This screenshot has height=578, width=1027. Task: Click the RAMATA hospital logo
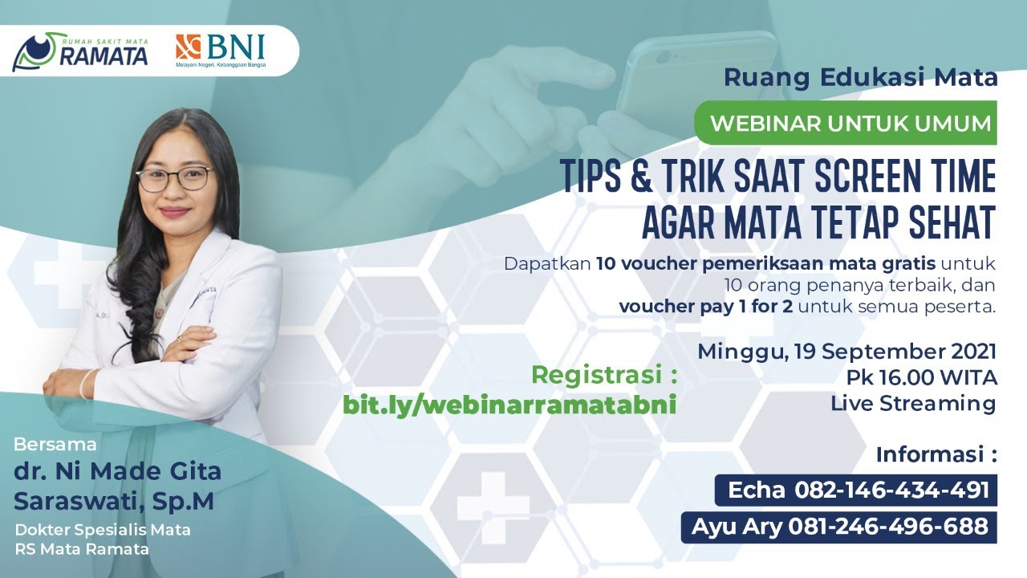81,51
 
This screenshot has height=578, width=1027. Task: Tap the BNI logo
221,51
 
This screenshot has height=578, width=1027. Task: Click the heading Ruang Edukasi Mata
860,78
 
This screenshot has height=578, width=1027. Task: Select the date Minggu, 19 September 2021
846,352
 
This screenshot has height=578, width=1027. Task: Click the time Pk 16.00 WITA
920,377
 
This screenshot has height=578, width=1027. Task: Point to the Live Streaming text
913,403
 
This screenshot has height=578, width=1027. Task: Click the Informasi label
936,454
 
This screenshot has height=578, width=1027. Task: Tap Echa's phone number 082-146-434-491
891,490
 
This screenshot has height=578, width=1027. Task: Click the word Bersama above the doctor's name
55,444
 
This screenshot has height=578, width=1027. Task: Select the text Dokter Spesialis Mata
103,530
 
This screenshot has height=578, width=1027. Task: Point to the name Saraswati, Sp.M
113,500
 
